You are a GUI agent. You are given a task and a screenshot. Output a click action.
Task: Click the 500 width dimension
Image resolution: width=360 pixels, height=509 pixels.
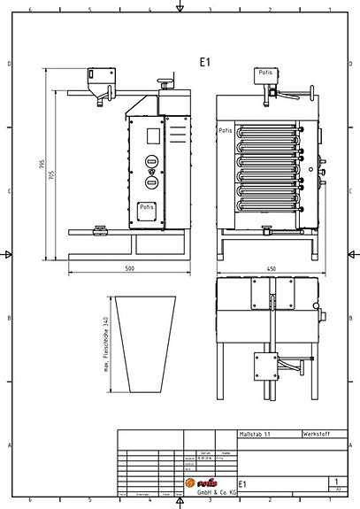(129, 266)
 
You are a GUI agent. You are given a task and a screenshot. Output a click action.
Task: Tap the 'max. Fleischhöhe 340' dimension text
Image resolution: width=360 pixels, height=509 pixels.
(105, 345)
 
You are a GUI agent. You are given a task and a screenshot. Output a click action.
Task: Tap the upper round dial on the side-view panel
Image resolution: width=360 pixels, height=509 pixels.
(151, 162)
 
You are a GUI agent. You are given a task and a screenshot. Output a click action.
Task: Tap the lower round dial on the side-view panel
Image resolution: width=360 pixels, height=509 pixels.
(151, 181)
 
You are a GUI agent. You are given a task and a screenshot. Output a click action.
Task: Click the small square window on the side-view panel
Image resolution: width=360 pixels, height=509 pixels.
(151, 135)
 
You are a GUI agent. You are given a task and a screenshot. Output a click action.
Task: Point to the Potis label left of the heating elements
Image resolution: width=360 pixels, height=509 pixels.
(225, 130)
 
